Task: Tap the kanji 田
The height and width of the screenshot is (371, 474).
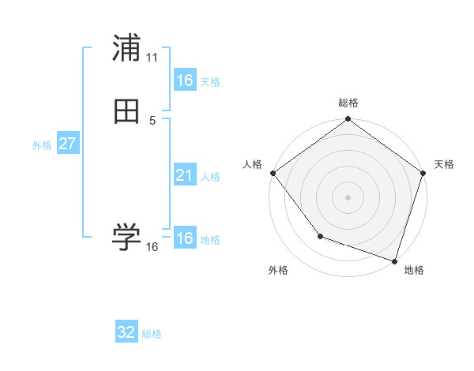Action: [x=126, y=111]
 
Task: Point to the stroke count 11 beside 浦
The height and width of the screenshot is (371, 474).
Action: [x=152, y=58]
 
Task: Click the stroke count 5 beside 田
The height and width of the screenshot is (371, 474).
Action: [x=152, y=121]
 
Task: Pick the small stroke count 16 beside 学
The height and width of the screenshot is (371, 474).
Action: [x=152, y=247]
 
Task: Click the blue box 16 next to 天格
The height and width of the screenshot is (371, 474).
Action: [x=184, y=81]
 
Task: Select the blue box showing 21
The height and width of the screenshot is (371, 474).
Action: [x=184, y=175]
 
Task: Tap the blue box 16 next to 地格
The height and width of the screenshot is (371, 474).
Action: [x=184, y=238]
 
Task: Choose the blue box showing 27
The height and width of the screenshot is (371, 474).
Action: [x=67, y=144]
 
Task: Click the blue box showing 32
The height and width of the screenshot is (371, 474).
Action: [x=126, y=332]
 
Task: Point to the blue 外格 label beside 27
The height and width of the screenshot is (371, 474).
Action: [x=42, y=145]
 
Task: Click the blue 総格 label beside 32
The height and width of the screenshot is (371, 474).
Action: [x=152, y=334]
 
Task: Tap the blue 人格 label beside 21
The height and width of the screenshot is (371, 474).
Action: [x=210, y=177]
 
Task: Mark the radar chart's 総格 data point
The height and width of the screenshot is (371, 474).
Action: [x=348, y=120]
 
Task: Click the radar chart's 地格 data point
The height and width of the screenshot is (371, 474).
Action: [x=394, y=260]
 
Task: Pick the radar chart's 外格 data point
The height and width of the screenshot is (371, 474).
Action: [x=320, y=235]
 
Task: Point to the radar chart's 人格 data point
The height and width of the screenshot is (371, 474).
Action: [x=273, y=173]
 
